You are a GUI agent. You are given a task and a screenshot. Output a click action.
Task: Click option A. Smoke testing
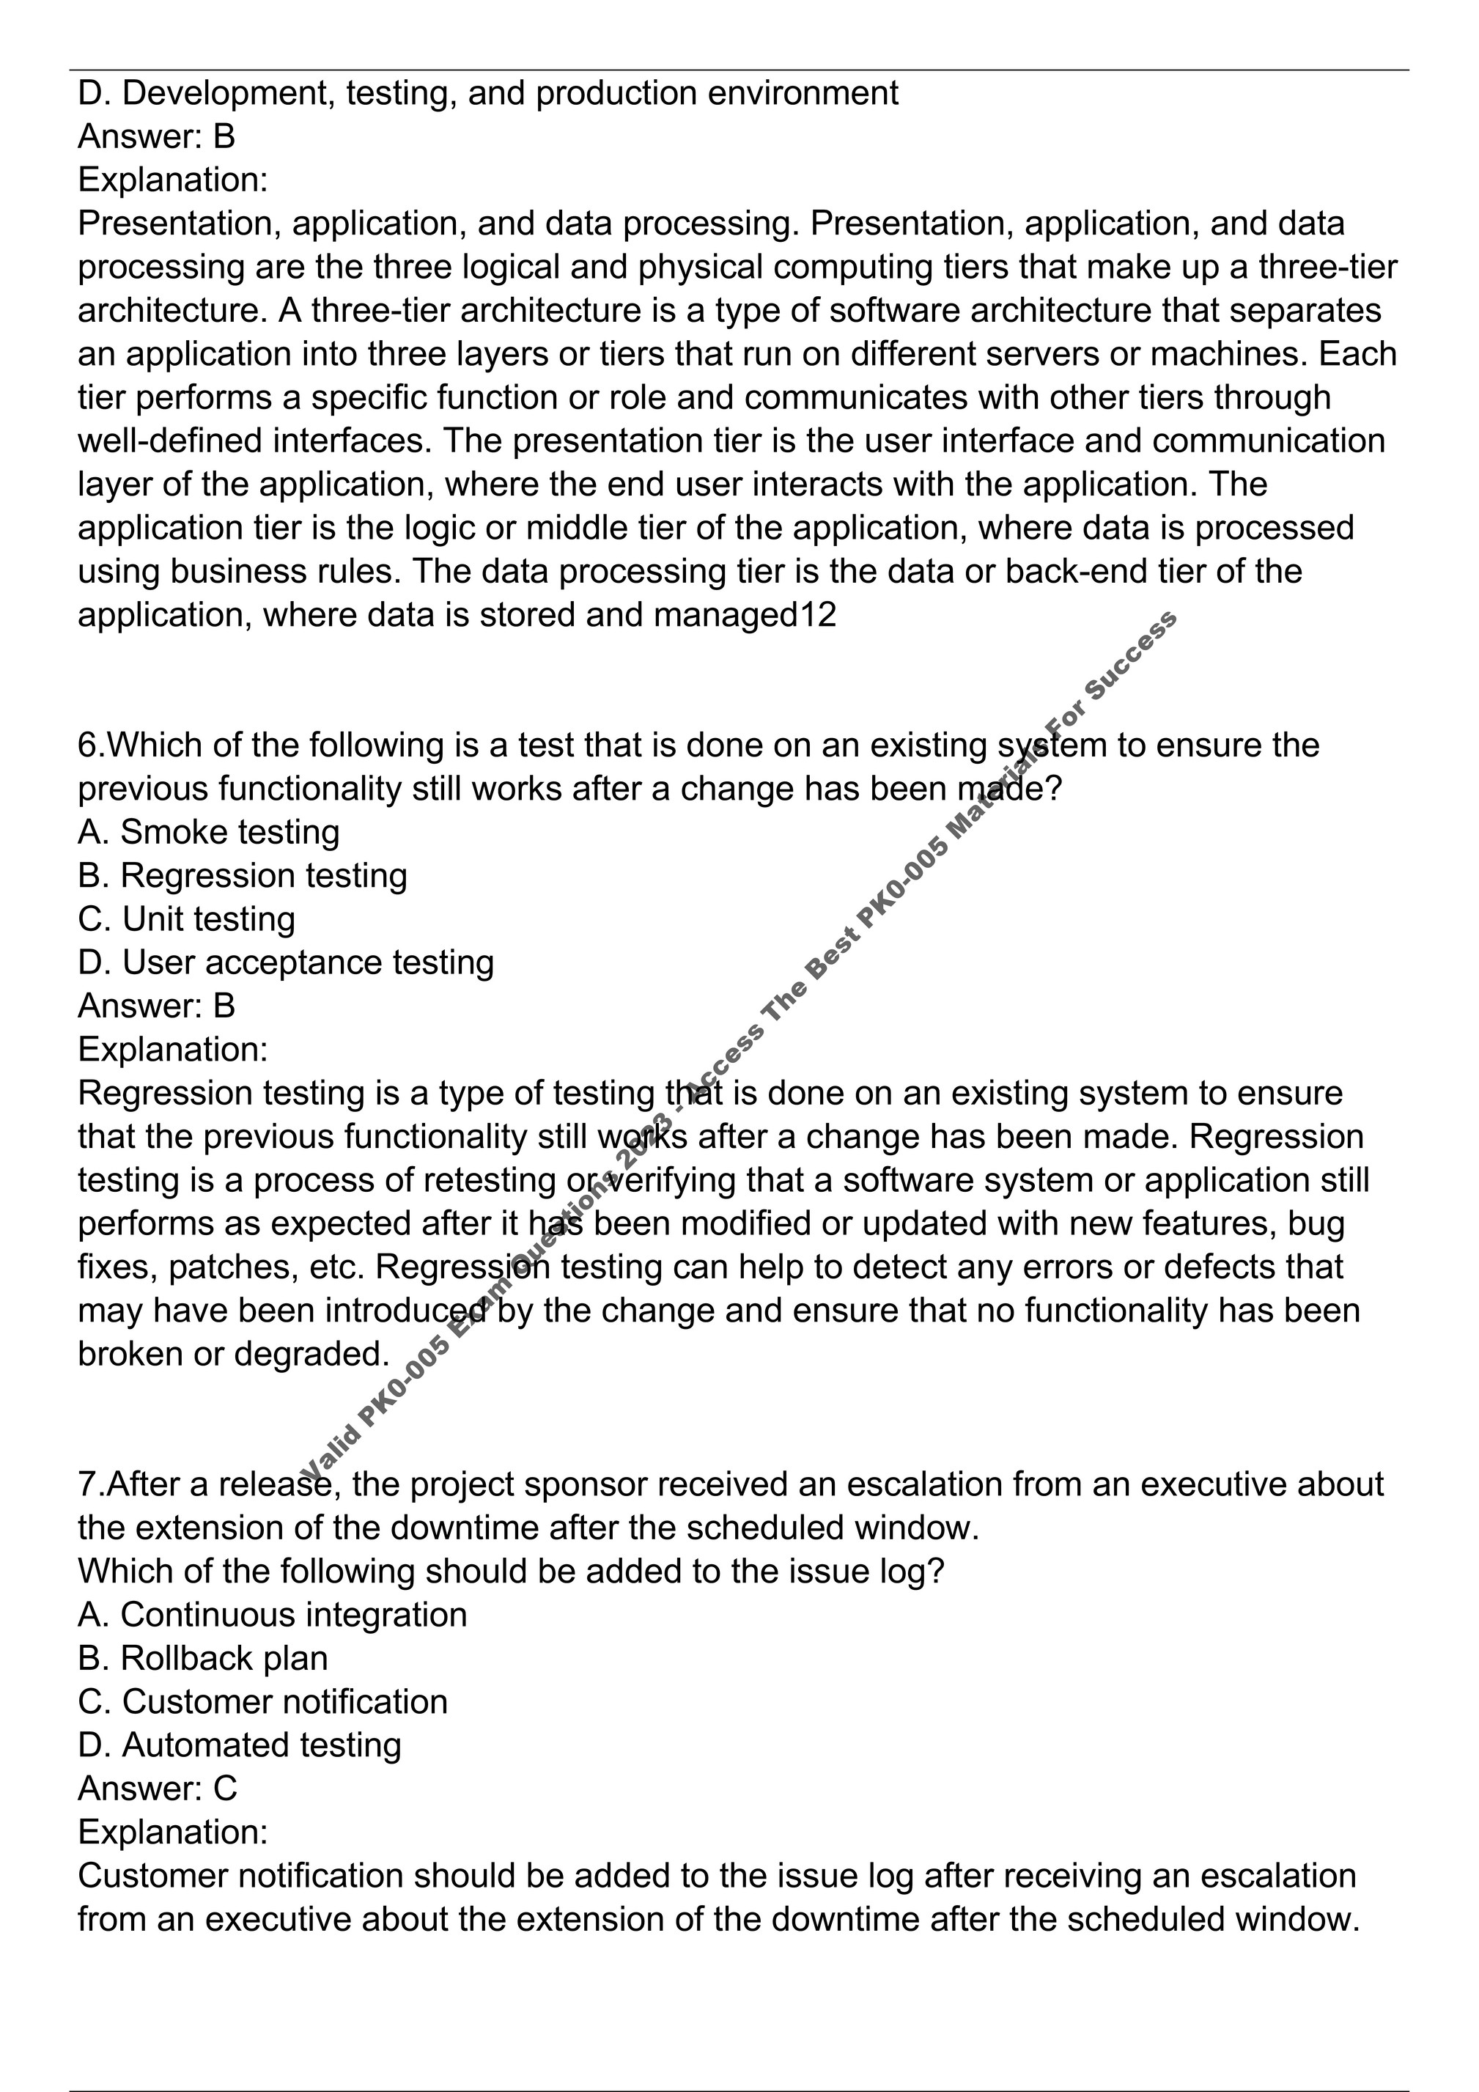[x=209, y=832]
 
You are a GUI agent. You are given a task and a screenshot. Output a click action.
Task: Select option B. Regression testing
[x=243, y=876]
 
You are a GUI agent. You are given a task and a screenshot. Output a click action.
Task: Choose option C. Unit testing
[x=187, y=919]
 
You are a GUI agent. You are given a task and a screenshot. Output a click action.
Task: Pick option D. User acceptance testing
[x=286, y=963]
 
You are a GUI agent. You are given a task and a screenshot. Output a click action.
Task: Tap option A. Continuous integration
[x=273, y=1615]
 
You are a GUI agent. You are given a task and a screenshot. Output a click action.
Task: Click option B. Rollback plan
[x=203, y=1658]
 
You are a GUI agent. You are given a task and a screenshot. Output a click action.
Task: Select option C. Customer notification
[x=262, y=1702]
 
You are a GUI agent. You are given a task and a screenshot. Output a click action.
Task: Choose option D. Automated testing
[x=240, y=1746]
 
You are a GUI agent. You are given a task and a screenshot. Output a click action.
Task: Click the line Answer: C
[x=158, y=1789]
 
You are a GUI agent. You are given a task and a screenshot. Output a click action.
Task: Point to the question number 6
[x=86, y=745]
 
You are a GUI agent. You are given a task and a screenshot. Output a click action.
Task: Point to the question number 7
[x=86, y=1484]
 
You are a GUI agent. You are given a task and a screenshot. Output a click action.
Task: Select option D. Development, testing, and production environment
[x=488, y=93]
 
